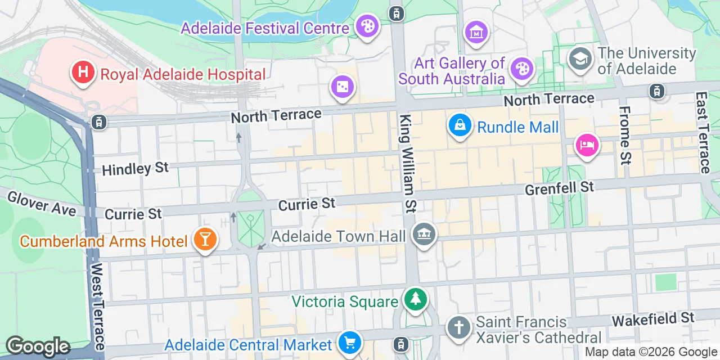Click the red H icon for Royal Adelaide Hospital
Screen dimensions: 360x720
(83, 73)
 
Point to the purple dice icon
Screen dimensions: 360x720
(342, 87)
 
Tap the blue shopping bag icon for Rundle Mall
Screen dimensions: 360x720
(460, 125)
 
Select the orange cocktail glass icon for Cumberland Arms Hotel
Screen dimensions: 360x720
(205, 240)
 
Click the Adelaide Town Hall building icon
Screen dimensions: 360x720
(423, 235)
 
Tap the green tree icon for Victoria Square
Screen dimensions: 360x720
(415, 299)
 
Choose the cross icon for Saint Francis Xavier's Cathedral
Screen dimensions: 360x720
(459, 328)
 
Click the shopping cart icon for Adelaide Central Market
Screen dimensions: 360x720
(349, 341)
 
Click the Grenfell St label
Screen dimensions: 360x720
(559, 188)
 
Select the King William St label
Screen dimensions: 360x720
(407, 163)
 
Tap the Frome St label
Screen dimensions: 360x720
(625, 135)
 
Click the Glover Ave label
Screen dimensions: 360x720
(41, 204)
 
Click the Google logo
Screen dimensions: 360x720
(38, 346)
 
